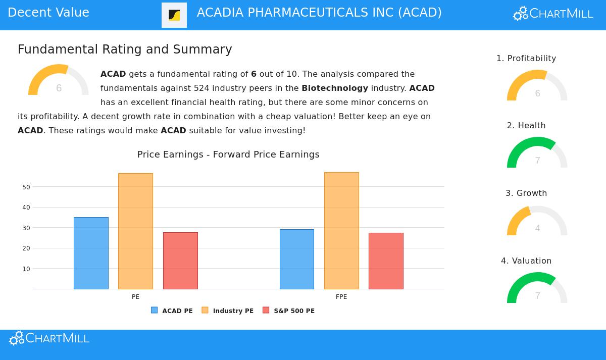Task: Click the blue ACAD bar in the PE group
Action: (91, 253)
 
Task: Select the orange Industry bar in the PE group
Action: (135, 231)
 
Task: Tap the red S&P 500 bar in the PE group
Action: (180, 261)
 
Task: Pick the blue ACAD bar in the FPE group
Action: (297, 259)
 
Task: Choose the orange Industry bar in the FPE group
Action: (341, 231)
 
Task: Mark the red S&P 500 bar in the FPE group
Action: (386, 261)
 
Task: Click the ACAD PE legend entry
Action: (172, 311)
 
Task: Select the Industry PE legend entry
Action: (228, 311)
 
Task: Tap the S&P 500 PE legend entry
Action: (289, 311)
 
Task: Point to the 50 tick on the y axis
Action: (26, 187)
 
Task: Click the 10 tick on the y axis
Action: (26, 269)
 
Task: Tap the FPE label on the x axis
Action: (341, 297)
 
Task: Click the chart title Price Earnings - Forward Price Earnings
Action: (228, 155)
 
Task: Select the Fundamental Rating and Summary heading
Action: (125, 49)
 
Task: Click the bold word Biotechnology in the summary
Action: (335, 88)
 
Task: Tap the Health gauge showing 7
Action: (537, 154)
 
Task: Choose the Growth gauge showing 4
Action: (537, 222)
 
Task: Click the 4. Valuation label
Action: (526, 261)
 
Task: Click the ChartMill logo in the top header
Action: (553, 14)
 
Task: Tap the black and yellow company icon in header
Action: (174, 15)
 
